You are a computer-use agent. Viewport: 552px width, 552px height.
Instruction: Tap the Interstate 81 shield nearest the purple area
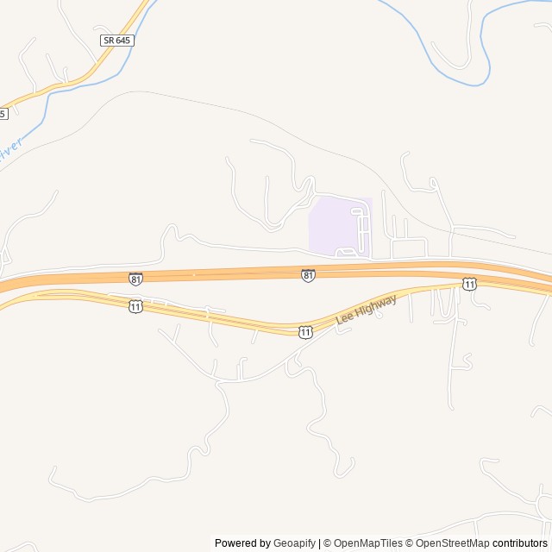(308, 275)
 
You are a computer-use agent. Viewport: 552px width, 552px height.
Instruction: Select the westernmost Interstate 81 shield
(135, 279)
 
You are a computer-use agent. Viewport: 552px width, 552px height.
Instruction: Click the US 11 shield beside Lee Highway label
(305, 332)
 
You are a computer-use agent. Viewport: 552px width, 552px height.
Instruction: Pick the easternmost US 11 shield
(468, 284)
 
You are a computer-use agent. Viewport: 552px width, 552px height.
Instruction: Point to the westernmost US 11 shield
(135, 306)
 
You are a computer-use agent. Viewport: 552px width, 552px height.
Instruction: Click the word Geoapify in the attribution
(294, 543)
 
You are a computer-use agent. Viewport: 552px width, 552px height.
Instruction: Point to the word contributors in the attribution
(521, 543)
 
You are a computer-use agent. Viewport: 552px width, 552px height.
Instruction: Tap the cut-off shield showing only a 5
(3, 113)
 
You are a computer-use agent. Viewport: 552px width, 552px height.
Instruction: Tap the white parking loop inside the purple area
(361, 226)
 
